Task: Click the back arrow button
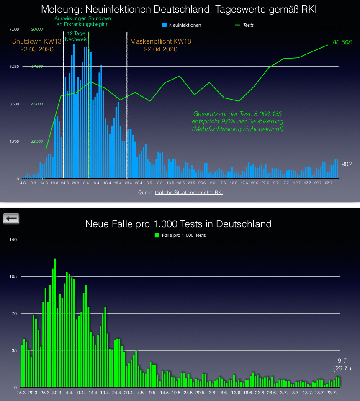coord(11,218)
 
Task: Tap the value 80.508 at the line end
coord(342,42)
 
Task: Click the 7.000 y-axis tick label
coord(14,29)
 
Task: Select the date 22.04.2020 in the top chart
coord(161,49)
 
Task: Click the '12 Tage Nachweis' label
coord(76,36)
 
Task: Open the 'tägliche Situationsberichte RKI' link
coord(189,193)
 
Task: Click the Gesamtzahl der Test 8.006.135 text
coord(237,114)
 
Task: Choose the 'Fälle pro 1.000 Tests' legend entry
coord(180,235)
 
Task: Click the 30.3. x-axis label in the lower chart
coord(57,393)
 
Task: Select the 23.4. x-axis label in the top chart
coord(129,183)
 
